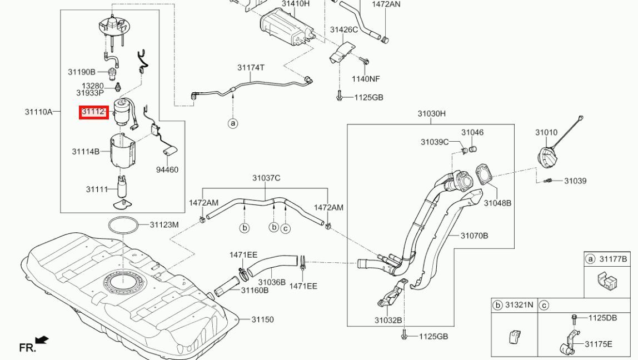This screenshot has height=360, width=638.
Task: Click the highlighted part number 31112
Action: coord(93,112)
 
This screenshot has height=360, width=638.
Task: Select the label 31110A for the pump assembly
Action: coord(39,112)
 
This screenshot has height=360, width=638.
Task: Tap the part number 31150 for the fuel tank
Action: coord(262,319)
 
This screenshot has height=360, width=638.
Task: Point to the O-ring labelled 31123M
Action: coord(122,226)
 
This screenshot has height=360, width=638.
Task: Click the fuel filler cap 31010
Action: coord(550,157)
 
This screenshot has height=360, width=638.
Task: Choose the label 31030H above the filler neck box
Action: coord(431,113)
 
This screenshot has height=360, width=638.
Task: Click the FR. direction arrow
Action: coord(42,339)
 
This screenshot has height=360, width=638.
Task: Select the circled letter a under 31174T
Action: coord(233,123)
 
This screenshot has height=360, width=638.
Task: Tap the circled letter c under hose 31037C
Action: coord(286,228)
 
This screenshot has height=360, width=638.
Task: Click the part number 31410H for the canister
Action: coord(296,4)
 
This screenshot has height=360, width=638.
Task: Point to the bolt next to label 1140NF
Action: coord(365,62)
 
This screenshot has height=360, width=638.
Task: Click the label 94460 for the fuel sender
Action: coord(167,169)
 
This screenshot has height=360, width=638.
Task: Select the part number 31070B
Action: coord(475,236)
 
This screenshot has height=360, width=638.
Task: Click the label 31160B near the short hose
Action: coord(255,290)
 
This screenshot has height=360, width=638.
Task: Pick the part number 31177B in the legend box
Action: coord(613,259)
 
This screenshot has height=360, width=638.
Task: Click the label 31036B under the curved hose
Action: coord(272,282)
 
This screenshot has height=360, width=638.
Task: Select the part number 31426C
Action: coord(344,29)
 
